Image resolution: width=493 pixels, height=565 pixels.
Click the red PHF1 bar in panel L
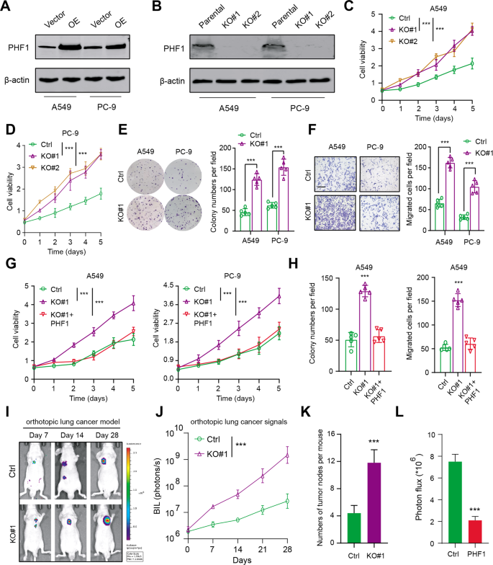coord(473,530)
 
